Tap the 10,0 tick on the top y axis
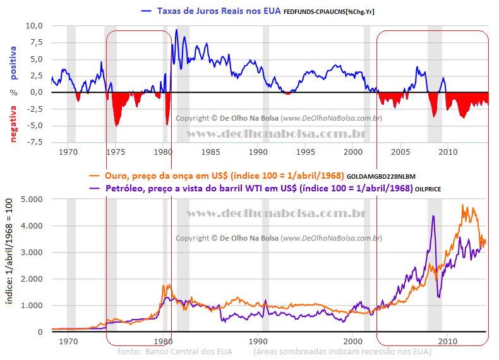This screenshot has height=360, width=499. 33,26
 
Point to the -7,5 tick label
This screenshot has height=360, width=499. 33,141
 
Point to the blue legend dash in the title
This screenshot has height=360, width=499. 146,11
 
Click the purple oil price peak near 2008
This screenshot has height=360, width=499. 433,217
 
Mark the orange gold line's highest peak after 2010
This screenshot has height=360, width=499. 463,205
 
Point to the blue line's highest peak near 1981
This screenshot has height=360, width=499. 176,30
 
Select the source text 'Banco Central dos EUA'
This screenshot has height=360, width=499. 189,351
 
